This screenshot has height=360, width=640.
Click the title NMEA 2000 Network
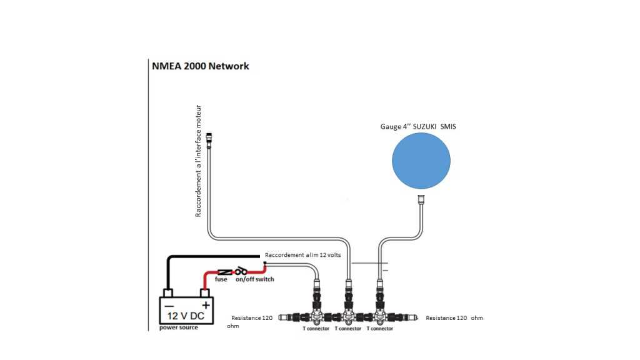pyautogui.click(x=201, y=66)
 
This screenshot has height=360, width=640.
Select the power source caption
pyautogui.click(x=179, y=327)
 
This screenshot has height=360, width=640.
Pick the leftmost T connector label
pyautogui.click(x=316, y=328)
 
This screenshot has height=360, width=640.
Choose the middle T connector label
pyautogui.click(x=348, y=328)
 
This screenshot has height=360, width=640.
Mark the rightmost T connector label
pyautogui.click(x=380, y=328)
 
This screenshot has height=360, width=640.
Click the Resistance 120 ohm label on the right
pyautogui.click(x=454, y=318)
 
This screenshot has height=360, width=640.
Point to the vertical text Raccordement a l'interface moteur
pyautogui.click(x=199, y=161)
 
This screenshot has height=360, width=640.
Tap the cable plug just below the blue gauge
pyautogui.click(x=421, y=201)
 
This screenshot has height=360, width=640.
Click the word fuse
pyautogui.click(x=221, y=279)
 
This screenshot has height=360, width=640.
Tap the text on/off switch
pyautogui.click(x=254, y=279)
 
